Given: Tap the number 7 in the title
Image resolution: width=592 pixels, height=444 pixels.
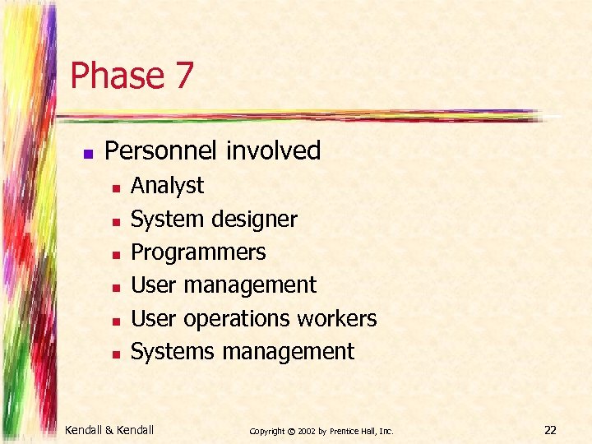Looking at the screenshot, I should point(183,76).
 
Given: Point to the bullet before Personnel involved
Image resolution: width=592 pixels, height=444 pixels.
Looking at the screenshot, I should point(88,153).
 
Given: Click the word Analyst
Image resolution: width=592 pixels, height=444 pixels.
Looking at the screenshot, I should point(167,186).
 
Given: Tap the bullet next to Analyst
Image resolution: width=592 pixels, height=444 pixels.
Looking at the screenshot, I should point(116,188).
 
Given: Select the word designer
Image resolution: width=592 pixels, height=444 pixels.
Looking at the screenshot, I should point(254,220).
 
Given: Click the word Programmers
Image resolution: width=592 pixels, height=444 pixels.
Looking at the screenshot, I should point(198,252).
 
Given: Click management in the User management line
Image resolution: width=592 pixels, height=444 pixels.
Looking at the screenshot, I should point(250,285).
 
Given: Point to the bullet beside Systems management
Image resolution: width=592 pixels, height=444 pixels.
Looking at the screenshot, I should point(116,354).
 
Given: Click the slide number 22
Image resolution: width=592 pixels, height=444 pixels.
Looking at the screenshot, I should point(550,429).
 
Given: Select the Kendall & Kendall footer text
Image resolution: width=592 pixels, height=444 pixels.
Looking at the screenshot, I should point(109,429).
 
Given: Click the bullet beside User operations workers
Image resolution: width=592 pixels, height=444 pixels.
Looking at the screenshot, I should point(116,321).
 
